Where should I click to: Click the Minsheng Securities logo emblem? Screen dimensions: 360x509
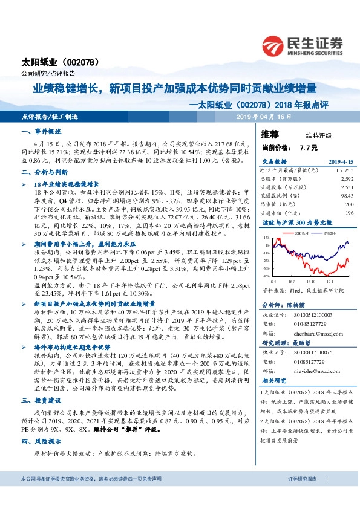click(x=274, y=46)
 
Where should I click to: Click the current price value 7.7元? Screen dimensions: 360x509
click(x=308, y=147)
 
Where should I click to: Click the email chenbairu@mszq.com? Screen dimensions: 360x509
click(x=315, y=331)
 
